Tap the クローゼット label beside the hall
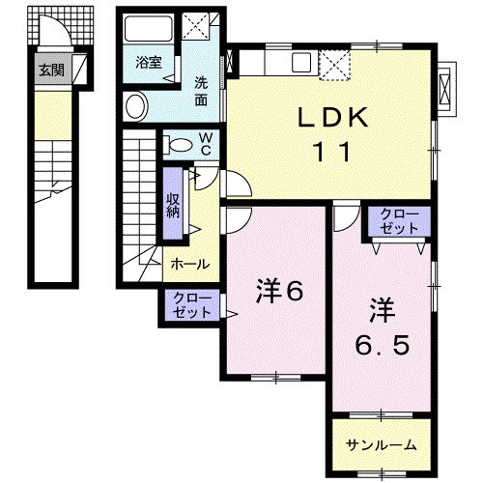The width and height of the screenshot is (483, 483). click(191, 307)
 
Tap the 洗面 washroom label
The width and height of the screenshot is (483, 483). click(201, 89)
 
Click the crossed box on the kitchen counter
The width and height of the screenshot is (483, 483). click(336, 64)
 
